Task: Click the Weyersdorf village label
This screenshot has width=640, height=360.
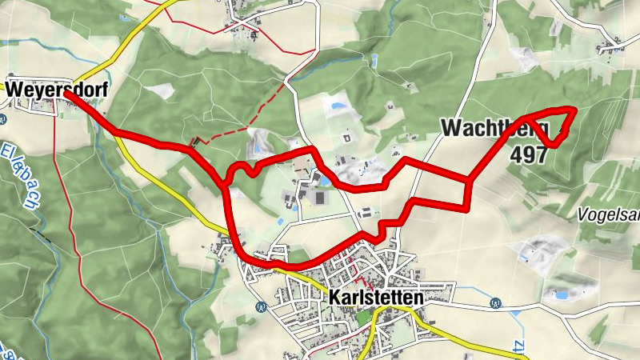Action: tap(46, 90)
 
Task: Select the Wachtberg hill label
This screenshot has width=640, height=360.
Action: tap(494, 127)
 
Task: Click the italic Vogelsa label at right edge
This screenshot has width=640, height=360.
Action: tap(609, 214)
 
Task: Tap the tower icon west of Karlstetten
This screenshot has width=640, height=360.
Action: tap(260, 306)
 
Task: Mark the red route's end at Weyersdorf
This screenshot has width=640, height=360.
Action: tap(67, 94)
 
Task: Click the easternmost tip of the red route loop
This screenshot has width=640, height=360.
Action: tap(573, 110)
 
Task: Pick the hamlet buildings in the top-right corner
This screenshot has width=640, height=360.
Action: tap(612, 48)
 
